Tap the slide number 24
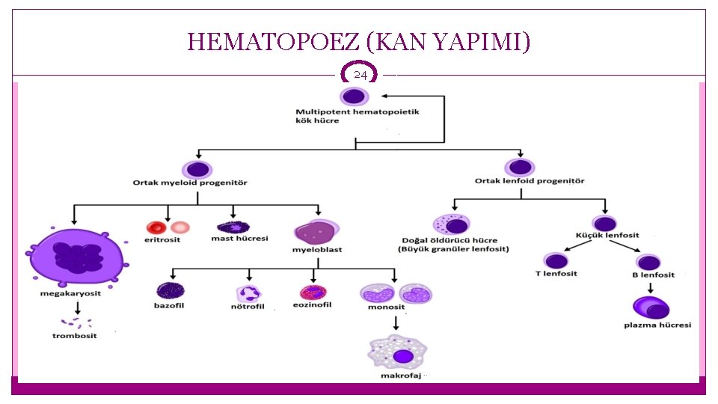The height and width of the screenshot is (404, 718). (x=360, y=76)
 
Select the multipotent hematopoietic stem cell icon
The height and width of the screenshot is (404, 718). (x=353, y=97)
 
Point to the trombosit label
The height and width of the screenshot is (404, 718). (x=74, y=336)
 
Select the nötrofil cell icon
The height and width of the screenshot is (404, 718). (x=247, y=293)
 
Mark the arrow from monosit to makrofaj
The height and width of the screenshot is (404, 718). (x=396, y=322)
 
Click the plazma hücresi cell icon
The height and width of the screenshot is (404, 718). (x=649, y=307)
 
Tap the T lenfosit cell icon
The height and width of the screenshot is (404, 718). (x=556, y=261)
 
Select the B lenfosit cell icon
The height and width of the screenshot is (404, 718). (x=648, y=262)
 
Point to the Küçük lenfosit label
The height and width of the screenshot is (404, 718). (x=607, y=236)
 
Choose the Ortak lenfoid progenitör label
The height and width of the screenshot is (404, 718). (x=530, y=181)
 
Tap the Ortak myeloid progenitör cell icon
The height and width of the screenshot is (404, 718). (x=197, y=169)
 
